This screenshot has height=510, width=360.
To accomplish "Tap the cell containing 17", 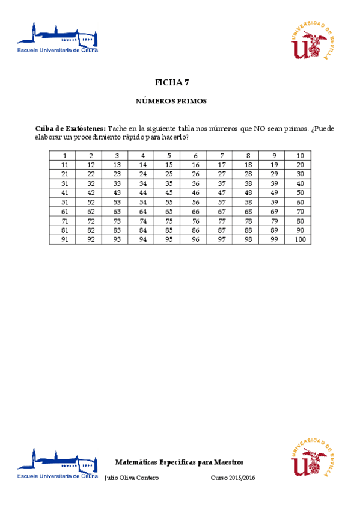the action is tap(222, 164).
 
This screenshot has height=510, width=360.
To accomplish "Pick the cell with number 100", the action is tap(300, 239).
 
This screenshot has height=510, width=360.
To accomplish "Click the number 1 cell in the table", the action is tap(64, 156).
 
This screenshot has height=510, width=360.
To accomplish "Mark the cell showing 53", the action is tap(117, 202).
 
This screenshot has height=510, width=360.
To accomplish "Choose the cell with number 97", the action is tap(222, 239).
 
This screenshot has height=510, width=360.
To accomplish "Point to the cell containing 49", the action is tap(274, 192).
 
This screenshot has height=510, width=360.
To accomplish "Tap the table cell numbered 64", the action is tap(143, 211).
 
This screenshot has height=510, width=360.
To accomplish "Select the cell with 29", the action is tap(274, 174).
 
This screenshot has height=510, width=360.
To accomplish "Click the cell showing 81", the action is tap(64, 230).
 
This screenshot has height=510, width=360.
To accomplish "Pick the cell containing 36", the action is tap(195, 183).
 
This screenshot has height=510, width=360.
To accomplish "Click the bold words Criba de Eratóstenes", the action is tap(70, 128).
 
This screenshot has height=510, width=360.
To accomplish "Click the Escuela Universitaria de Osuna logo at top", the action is tap(58, 38).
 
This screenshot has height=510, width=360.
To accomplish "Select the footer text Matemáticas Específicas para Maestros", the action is tap(179, 462).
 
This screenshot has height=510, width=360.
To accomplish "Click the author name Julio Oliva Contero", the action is tap(131, 478).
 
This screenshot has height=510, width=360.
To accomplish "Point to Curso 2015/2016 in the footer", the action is tap(233, 478).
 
